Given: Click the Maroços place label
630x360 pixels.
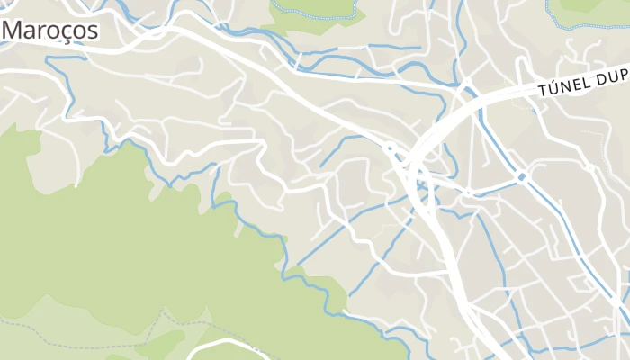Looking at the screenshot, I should [x=50, y=30].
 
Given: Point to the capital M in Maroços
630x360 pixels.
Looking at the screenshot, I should [x=15, y=30].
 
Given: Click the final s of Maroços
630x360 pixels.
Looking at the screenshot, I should [x=92, y=30].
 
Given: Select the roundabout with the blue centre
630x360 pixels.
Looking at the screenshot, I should [x=522, y=175].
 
